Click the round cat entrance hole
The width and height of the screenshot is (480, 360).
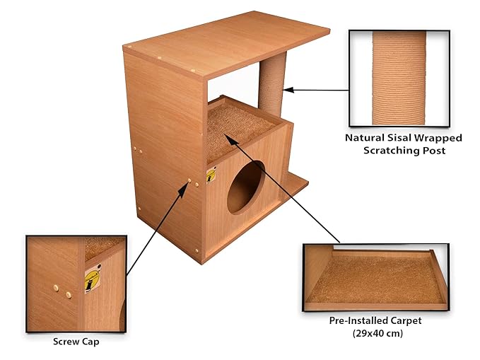pyautogui.click(x=245, y=187)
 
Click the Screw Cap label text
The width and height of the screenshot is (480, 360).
pyautogui.click(x=76, y=342)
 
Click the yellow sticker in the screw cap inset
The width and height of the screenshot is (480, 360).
pyautogui.click(x=93, y=277)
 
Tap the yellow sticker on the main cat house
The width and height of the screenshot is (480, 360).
pyautogui.click(x=211, y=174)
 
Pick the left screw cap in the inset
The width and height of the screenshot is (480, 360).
pyautogui.click(x=56, y=288)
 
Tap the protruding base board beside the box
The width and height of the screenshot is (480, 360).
pyautogui.click(x=295, y=185)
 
